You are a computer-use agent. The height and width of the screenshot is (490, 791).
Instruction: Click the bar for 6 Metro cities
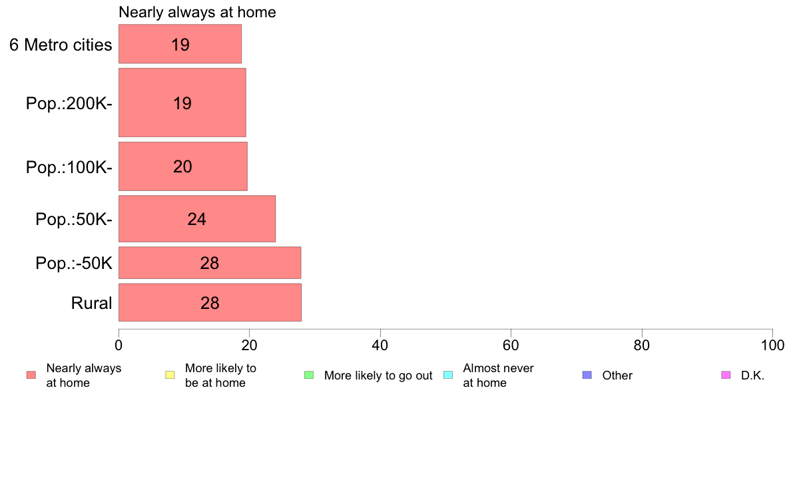[x=180, y=44]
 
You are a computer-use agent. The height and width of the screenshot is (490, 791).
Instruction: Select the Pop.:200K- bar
[x=182, y=103]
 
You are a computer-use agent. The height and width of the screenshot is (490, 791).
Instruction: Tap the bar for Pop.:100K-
[x=182, y=166]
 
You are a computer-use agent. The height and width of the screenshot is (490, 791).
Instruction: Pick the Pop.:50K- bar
[x=196, y=218]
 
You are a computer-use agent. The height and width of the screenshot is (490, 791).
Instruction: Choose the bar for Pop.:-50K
[x=210, y=262]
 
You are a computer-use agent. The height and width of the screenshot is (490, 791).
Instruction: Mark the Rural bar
[x=210, y=302]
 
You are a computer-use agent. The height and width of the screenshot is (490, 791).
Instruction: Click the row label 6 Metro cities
[x=61, y=45]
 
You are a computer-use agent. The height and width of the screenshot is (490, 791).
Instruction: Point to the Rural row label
[x=91, y=303]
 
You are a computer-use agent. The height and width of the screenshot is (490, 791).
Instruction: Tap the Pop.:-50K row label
[x=74, y=263]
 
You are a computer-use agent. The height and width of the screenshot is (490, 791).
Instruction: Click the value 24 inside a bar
[x=196, y=219]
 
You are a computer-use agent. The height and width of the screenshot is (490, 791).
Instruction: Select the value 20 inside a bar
[x=182, y=166]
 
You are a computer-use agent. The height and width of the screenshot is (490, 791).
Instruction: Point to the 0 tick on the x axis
[x=119, y=345]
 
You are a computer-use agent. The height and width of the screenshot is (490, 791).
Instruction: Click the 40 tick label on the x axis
[x=380, y=345]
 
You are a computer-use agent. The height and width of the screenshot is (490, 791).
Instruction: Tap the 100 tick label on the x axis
[x=772, y=345]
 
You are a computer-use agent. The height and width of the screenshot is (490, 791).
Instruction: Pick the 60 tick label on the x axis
[x=511, y=345]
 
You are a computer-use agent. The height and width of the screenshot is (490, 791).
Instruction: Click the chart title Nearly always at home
[x=197, y=12]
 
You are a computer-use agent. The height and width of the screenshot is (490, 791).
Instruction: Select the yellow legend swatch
[x=170, y=375]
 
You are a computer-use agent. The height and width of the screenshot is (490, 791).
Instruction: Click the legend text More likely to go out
[x=378, y=375]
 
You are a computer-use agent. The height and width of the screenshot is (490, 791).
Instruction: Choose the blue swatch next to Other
[x=587, y=375]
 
